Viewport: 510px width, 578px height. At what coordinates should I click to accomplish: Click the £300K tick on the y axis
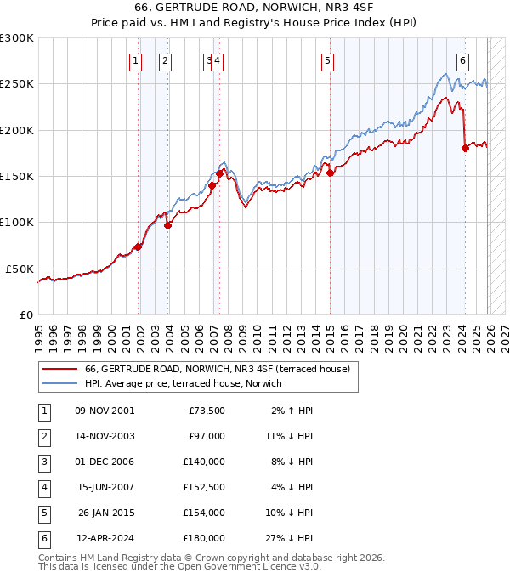[x=17, y=38]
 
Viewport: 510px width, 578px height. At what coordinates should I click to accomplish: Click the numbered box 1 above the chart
[x=136, y=60]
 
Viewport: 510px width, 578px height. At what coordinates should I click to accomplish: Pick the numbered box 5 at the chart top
[x=328, y=60]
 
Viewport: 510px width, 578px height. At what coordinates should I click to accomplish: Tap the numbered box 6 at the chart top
[x=462, y=60]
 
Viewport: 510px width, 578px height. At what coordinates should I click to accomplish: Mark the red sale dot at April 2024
[x=465, y=149]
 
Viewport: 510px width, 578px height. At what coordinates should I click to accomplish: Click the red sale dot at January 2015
[x=330, y=173]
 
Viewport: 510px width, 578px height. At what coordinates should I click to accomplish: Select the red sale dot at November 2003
[x=167, y=225]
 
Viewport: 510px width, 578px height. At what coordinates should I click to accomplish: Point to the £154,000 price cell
[x=204, y=513]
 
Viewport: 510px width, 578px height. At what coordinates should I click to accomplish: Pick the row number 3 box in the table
[x=43, y=462]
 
